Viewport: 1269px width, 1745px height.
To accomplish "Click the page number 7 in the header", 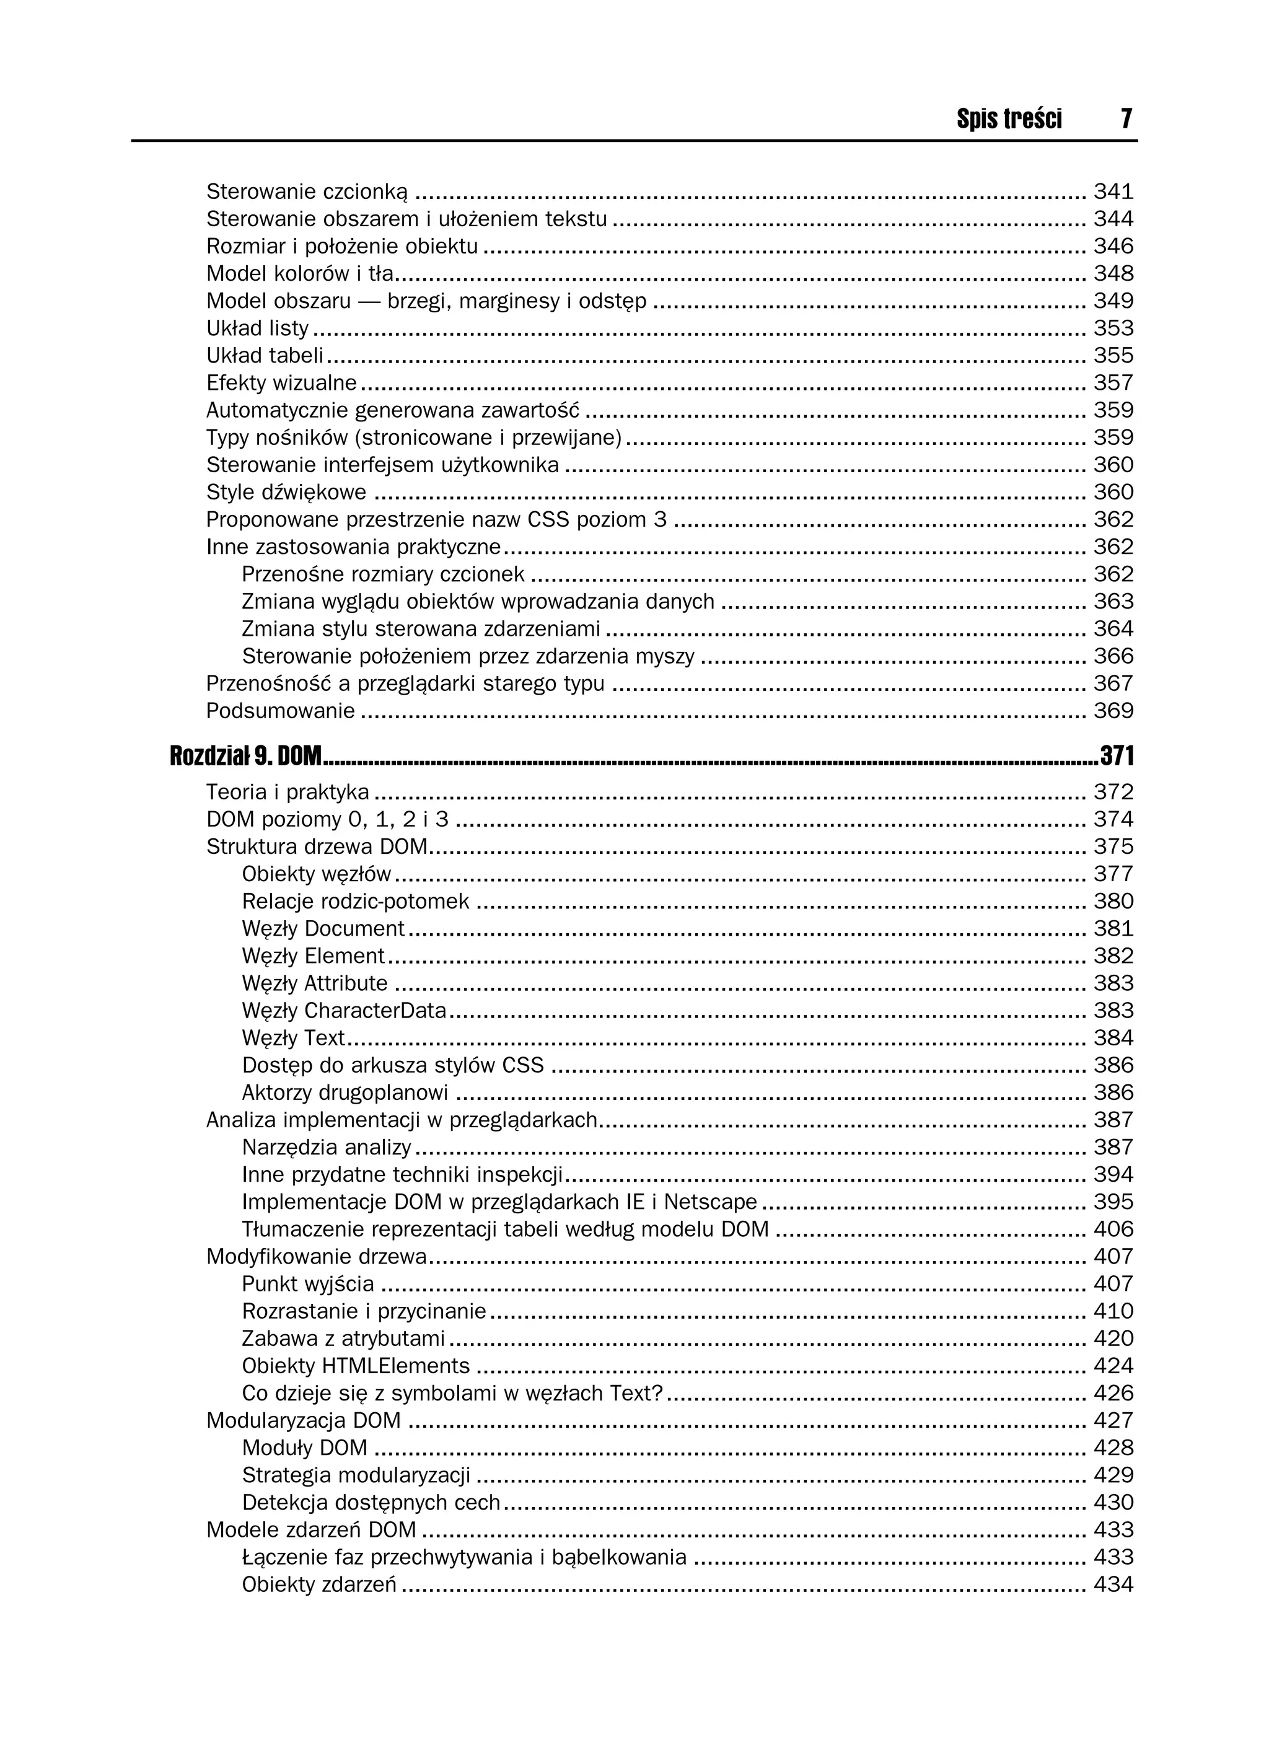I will [x=1126, y=118].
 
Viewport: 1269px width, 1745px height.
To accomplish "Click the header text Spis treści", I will [x=1009, y=118].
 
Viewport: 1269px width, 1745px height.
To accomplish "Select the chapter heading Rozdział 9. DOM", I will [x=245, y=757].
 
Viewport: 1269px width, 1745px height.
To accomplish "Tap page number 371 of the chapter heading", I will [x=1117, y=757].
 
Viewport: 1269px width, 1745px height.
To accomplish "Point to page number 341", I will [x=1113, y=191].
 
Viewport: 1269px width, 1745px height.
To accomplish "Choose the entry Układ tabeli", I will [x=265, y=356].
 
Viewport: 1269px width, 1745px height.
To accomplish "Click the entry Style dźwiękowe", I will [x=286, y=493].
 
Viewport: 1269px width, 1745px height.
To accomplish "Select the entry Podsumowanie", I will [x=280, y=711].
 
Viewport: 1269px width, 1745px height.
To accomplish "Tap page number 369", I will [x=1113, y=711].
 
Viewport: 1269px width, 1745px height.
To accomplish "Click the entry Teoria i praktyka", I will [x=287, y=792].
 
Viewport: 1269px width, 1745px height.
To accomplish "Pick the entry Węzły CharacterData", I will [x=344, y=1010].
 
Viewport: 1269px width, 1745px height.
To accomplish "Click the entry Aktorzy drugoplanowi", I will [x=345, y=1092].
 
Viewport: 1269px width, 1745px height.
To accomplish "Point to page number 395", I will [x=1113, y=1202].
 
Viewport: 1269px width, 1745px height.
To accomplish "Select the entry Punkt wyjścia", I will [x=308, y=1284].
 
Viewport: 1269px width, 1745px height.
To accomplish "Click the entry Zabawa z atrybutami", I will [x=343, y=1338].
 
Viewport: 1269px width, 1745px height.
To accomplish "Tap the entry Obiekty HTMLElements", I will [x=356, y=1366].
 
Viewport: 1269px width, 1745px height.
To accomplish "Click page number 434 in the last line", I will [x=1113, y=1585].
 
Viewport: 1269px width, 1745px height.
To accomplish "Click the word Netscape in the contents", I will [x=710, y=1202].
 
